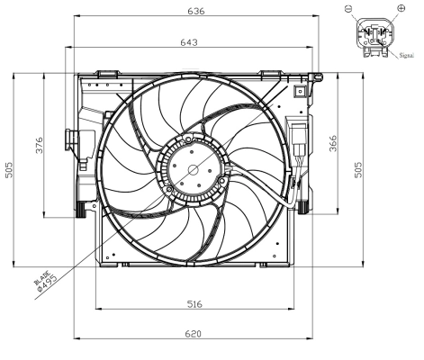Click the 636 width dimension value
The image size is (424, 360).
[194, 12]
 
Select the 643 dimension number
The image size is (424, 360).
[189, 42]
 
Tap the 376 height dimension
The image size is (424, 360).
[39, 147]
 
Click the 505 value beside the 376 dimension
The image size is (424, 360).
[10, 171]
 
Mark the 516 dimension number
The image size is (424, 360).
[194, 305]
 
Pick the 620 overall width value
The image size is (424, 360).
[193, 334]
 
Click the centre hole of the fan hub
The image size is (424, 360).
[192, 168]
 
